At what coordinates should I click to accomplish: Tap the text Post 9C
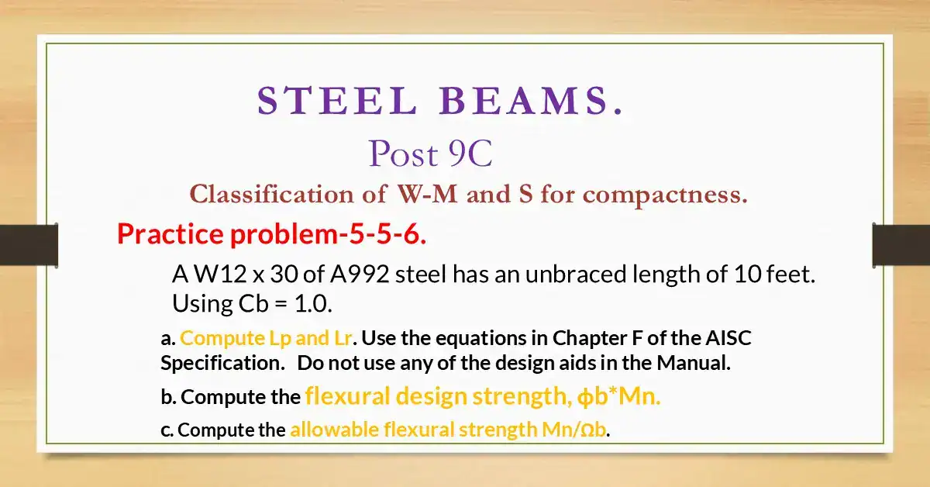point(430,154)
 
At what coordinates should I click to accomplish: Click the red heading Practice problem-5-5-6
point(271,233)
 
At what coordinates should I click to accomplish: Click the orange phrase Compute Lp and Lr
point(268,339)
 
